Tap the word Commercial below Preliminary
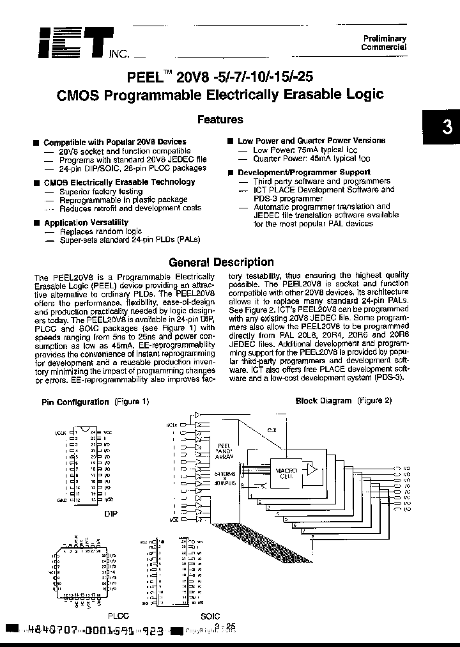pos(383,47)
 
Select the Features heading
pos(220,119)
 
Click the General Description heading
pos(220,261)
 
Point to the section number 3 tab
pos(447,127)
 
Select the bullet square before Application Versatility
pos(36,222)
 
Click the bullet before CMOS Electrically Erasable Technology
pos(36,182)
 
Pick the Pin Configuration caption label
pos(75,401)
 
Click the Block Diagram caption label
pos(323,400)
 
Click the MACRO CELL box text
pos(286,472)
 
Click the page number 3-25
pos(226,627)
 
